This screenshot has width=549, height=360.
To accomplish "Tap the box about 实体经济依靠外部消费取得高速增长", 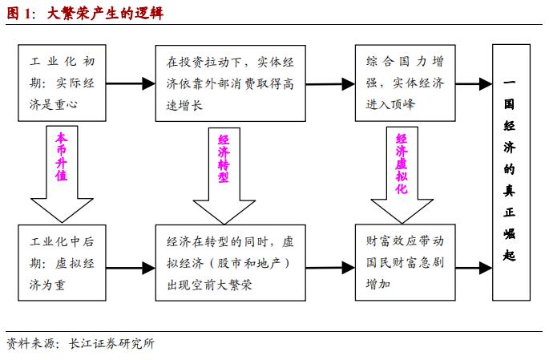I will [229, 83].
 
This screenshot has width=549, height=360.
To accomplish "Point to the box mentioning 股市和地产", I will [229, 262].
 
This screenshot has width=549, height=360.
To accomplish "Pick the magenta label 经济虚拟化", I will [402, 164].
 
